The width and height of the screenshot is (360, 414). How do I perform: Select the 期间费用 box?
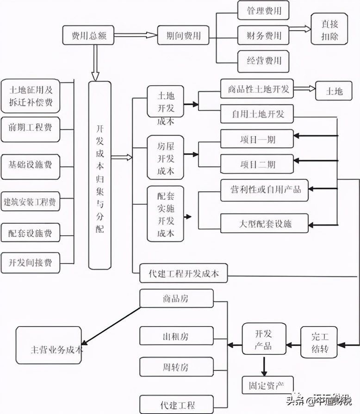click(183, 36)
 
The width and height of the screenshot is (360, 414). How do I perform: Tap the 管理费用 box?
click(266, 10)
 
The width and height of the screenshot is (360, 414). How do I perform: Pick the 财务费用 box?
click(266, 35)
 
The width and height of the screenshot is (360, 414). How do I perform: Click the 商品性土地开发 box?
click(255, 89)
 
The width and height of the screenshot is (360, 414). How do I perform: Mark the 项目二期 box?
click(256, 164)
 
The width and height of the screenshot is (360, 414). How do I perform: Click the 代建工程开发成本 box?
click(183, 274)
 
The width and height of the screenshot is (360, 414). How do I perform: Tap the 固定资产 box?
click(267, 384)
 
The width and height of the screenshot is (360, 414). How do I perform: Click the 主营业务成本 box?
click(50, 345)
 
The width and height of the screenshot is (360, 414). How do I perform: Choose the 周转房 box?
click(170, 368)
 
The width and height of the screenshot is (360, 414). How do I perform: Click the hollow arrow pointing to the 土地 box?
click(303, 89)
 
